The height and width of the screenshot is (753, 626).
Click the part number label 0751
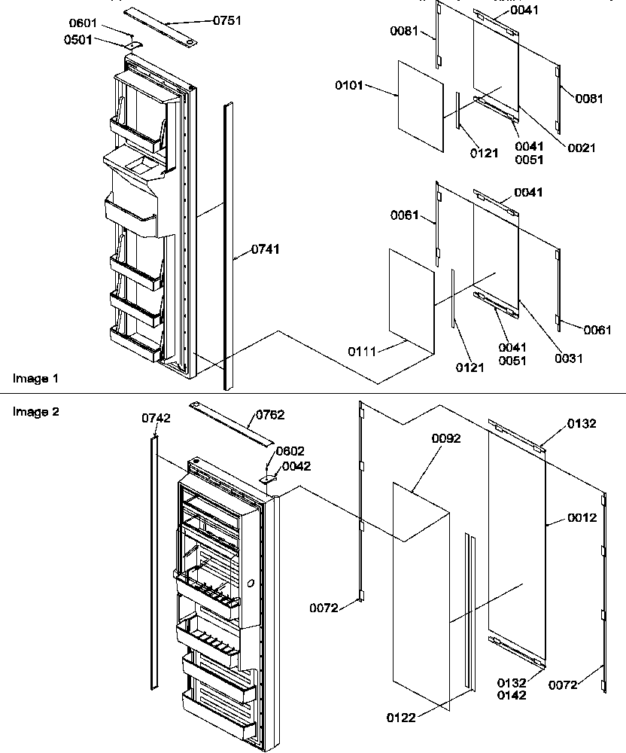[226, 20]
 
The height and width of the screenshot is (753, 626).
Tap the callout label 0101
[349, 86]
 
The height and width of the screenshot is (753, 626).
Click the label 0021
[580, 148]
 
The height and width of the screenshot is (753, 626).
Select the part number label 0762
[270, 414]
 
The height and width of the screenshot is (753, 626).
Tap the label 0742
[156, 419]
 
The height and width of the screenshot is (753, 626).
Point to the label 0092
[446, 437]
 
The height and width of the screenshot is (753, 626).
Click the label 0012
[582, 517]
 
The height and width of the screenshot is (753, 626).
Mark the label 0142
[511, 695]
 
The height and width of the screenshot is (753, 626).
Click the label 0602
[290, 451]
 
